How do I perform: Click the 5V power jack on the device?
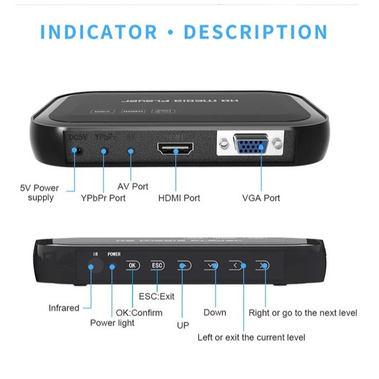[76, 151]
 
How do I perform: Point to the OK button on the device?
[133, 265]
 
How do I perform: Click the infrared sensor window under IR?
[91, 267]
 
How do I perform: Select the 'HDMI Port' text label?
[179, 198]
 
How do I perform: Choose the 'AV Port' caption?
[133, 186]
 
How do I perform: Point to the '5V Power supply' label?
[40, 193]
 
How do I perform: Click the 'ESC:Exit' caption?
[156, 296]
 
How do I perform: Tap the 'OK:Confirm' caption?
[139, 312]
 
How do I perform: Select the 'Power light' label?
[112, 323]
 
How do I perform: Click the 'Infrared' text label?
[64, 308]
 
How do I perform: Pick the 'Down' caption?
[214, 312]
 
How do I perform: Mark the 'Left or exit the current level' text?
[251, 337]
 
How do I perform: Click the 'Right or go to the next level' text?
[303, 313]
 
